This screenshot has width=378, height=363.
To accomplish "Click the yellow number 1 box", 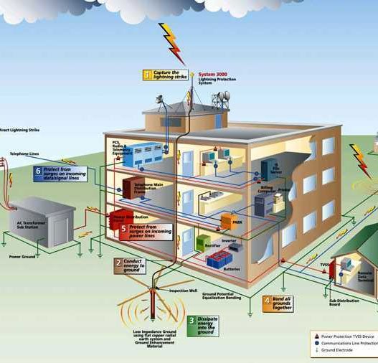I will pos(148,74).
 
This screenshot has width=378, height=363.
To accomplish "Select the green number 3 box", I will pos(192,322).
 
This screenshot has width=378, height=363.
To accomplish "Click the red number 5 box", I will pos(123,229).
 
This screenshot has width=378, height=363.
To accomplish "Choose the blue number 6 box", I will pos(37,171).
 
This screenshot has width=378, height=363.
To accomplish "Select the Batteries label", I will pos(232,269).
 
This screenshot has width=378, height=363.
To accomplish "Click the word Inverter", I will pos(229,240).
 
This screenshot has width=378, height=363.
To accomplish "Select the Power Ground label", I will pos(22,256).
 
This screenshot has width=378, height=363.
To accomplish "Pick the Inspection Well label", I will pos(178,291).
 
